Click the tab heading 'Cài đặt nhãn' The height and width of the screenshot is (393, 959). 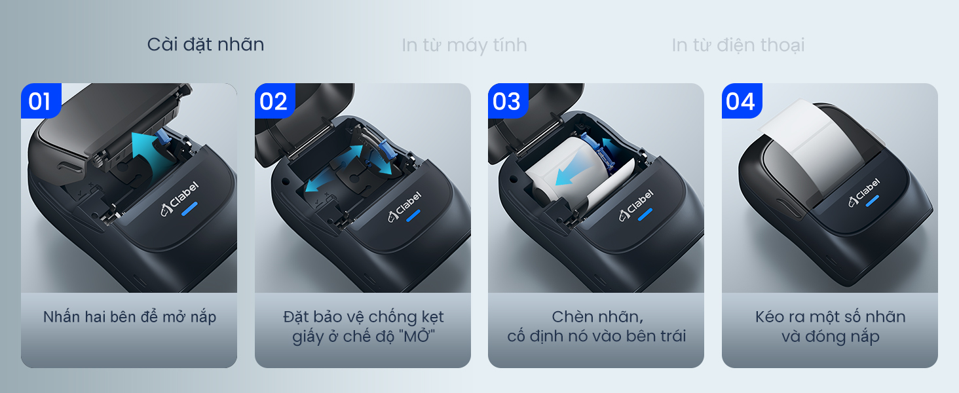[206, 45]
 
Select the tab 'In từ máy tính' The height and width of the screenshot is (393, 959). [464, 45]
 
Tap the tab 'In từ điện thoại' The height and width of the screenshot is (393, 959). [738, 45]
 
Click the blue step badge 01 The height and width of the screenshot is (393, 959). [41, 101]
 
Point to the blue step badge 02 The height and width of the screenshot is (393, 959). [275, 101]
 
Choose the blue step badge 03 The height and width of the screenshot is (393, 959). [508, 101]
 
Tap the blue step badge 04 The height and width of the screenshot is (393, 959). [742, 101]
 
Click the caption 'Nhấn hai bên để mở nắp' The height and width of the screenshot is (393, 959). [129, 317]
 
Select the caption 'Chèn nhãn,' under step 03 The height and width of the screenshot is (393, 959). [597, 317]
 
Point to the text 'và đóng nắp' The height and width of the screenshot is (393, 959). [830, 337]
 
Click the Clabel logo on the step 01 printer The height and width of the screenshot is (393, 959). [179, 198]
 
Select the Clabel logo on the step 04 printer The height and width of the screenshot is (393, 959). [864, 192]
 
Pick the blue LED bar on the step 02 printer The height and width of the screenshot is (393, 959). [413, 215]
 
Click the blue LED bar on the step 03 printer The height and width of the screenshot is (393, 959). [645, 214]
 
